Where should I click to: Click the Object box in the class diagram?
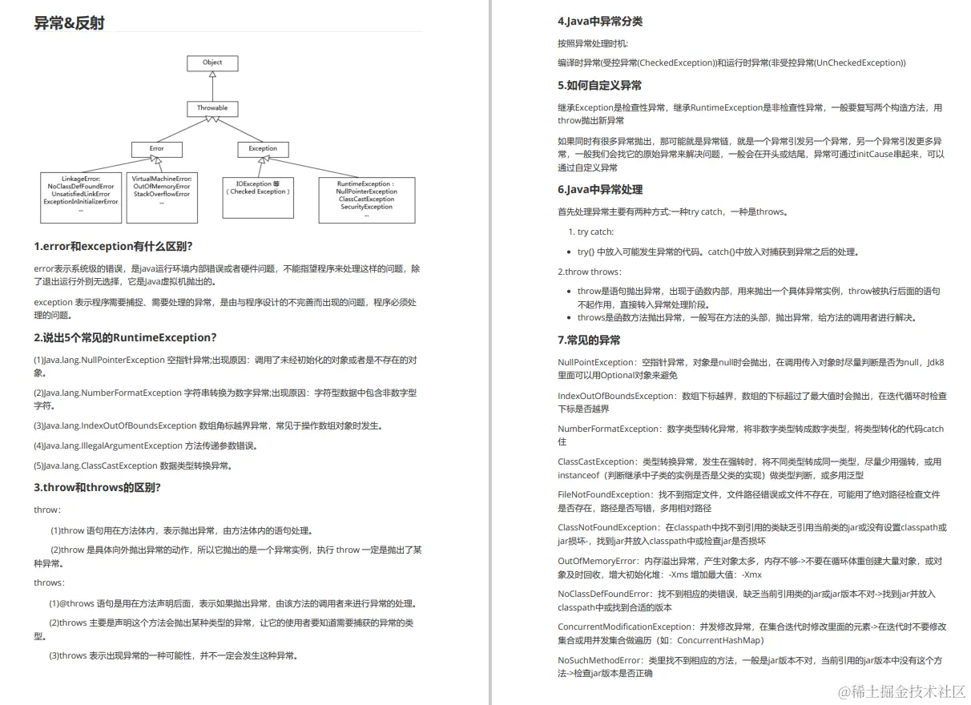coord(212,62)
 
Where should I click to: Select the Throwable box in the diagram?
coord(212,107)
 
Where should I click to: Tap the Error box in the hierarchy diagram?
coord(157,148)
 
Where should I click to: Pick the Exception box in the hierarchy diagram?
coord(263,148)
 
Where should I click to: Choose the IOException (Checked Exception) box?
coord(258,188)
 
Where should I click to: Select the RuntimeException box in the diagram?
coord(366,199)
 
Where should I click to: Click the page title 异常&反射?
coord(69,23)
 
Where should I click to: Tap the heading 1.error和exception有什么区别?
coord(113,246)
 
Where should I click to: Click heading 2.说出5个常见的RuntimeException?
coord(125,337)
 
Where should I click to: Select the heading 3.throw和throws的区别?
coord(98,487)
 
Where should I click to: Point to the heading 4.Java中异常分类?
coord(600,21)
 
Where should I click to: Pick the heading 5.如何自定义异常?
coord(599,85)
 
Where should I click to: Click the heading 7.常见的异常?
coord(589,340)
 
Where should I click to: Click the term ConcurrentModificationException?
coord(625,626)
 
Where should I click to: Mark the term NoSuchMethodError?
coord(599,660)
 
